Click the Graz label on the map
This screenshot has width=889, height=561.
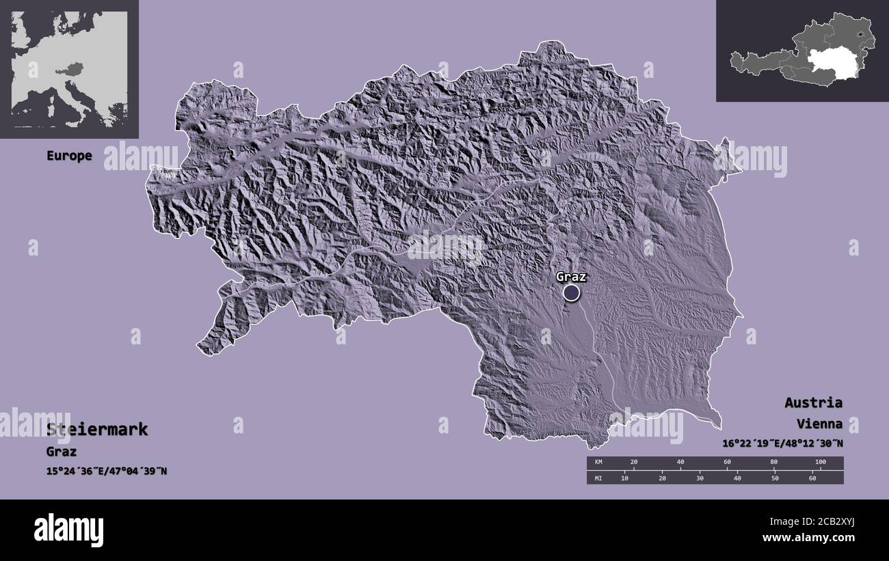[571, 277]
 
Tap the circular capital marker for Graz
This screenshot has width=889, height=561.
[571, 293]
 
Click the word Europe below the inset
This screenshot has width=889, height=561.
[69, 156]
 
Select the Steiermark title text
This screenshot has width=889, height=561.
[97, 430]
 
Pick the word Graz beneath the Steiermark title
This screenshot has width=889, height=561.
[62, 452]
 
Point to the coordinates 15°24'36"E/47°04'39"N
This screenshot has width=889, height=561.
[106, 471]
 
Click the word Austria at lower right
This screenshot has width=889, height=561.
[813, 402]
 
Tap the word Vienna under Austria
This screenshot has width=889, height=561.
[819, 424]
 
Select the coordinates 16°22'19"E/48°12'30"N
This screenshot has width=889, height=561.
[782, 443]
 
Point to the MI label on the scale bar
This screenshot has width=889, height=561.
[598, 478]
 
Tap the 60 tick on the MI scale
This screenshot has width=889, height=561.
[812, 478]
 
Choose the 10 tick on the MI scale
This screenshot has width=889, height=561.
[624, 478]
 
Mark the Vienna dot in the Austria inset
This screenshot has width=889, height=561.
[859, 34]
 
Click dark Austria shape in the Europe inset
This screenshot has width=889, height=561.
[72, 69]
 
